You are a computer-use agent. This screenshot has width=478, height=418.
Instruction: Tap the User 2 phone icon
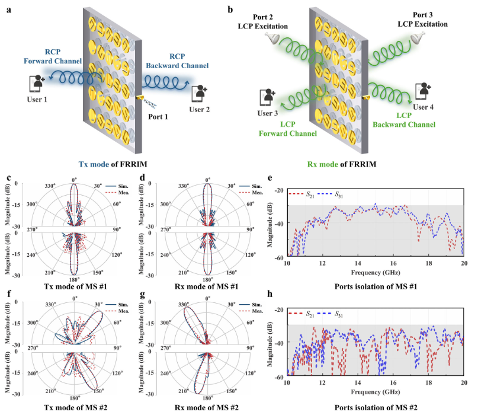(x=200, y=92)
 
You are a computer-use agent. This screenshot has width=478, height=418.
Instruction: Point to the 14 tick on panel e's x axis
(x=358, y=263)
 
